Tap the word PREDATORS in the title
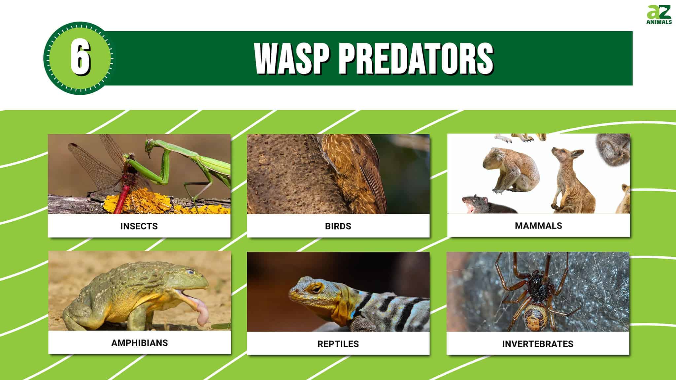[416, 59]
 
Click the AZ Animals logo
[659, 15]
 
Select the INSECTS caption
[139, 226]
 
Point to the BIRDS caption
[338, 226]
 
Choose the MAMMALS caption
[538, 226]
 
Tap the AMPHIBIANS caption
[140, 343]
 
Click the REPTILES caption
[338, 344]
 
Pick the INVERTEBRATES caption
[538, 344]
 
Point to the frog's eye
[190, 272]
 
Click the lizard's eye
[316, 289]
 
